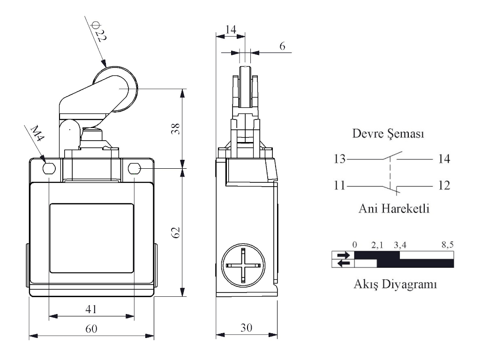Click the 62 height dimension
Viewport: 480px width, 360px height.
click(175, 232)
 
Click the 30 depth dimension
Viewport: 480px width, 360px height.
click(245, 328)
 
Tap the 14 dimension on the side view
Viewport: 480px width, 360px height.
click(231, 30)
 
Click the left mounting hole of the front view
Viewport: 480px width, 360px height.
click(49, 168)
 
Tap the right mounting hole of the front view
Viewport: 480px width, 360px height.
click(134, 168)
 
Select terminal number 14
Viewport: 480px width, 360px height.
click(443, 159)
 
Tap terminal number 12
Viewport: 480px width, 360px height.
click(443, 186)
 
